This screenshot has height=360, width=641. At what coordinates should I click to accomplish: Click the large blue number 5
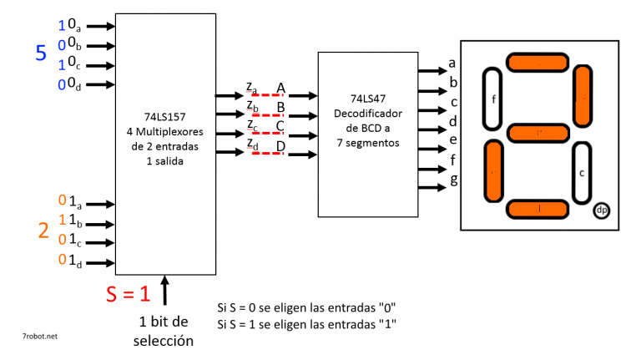tap(40, 54)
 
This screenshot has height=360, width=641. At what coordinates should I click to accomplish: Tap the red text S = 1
tap(128, 294)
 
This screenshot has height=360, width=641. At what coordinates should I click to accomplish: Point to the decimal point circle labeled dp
tap(602, 210)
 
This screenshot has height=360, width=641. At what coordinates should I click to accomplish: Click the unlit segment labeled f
tap(493, 99)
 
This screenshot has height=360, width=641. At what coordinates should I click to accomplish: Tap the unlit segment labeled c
tap(582, 173)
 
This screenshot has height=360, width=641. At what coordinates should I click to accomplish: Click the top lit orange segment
tap(538, 63)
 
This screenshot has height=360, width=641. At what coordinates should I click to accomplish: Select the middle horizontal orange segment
tap(538, 133)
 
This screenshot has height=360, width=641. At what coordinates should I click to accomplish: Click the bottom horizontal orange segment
tap(538, 209)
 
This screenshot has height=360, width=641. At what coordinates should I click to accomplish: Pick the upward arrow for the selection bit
tap(165, 291)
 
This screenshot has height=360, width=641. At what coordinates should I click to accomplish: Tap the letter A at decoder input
tap(281, 87)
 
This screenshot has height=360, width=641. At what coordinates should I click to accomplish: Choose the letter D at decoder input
tap(281, 147)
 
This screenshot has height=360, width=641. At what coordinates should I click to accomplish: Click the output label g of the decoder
tap(453, 178)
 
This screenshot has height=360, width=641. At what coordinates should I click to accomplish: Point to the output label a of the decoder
tap(452, 62)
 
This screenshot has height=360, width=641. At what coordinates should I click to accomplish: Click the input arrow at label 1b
tap(99, 224)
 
